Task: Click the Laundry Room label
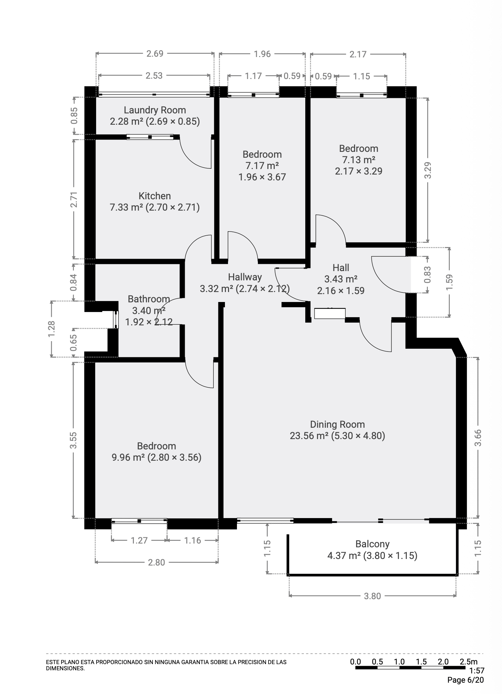click(155, 110)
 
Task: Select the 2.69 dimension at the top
click(155, 54)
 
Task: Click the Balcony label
click(372, 544)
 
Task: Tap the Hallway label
click(245, 277)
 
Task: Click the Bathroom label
click(149, 299)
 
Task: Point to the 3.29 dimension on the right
click(427, 170)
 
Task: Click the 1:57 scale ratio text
click(477, 670)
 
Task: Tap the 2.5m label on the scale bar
click(468, 661)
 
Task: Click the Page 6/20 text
click(466, 680)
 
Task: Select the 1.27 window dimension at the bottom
click(139, 540)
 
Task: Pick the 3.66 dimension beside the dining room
click(478, 437)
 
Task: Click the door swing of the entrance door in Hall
click(388, 277)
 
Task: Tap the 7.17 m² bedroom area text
click(262, 166)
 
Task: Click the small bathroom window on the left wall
click(116, 320)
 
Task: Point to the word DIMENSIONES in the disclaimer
click(65, 668)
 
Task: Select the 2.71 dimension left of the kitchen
click(74, 199)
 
